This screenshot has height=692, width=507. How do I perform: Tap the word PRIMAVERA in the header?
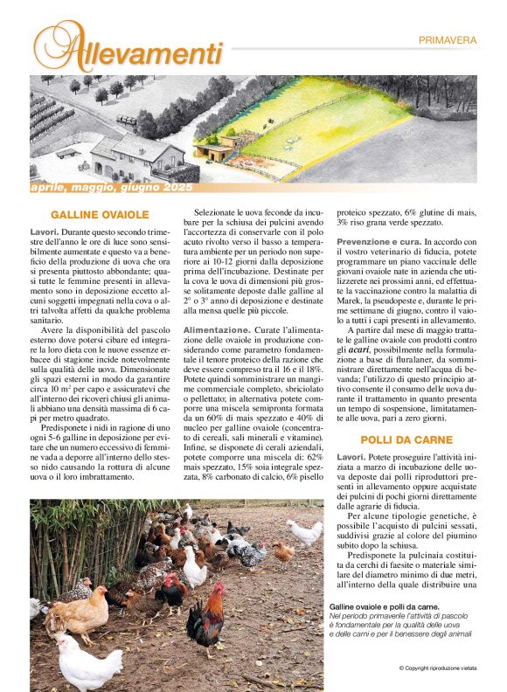click(447, 39)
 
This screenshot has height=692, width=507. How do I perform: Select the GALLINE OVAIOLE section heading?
click(100, 214)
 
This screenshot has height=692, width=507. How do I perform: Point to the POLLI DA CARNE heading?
click(406, 439)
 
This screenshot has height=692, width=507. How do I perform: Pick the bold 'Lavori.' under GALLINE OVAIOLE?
click(44, 232)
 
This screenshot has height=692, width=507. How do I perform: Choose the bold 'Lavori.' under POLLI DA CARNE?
click(351, 457)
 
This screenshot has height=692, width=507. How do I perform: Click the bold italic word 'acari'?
click(359, 349)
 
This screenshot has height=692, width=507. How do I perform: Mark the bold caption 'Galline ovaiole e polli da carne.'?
click(384, 606)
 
